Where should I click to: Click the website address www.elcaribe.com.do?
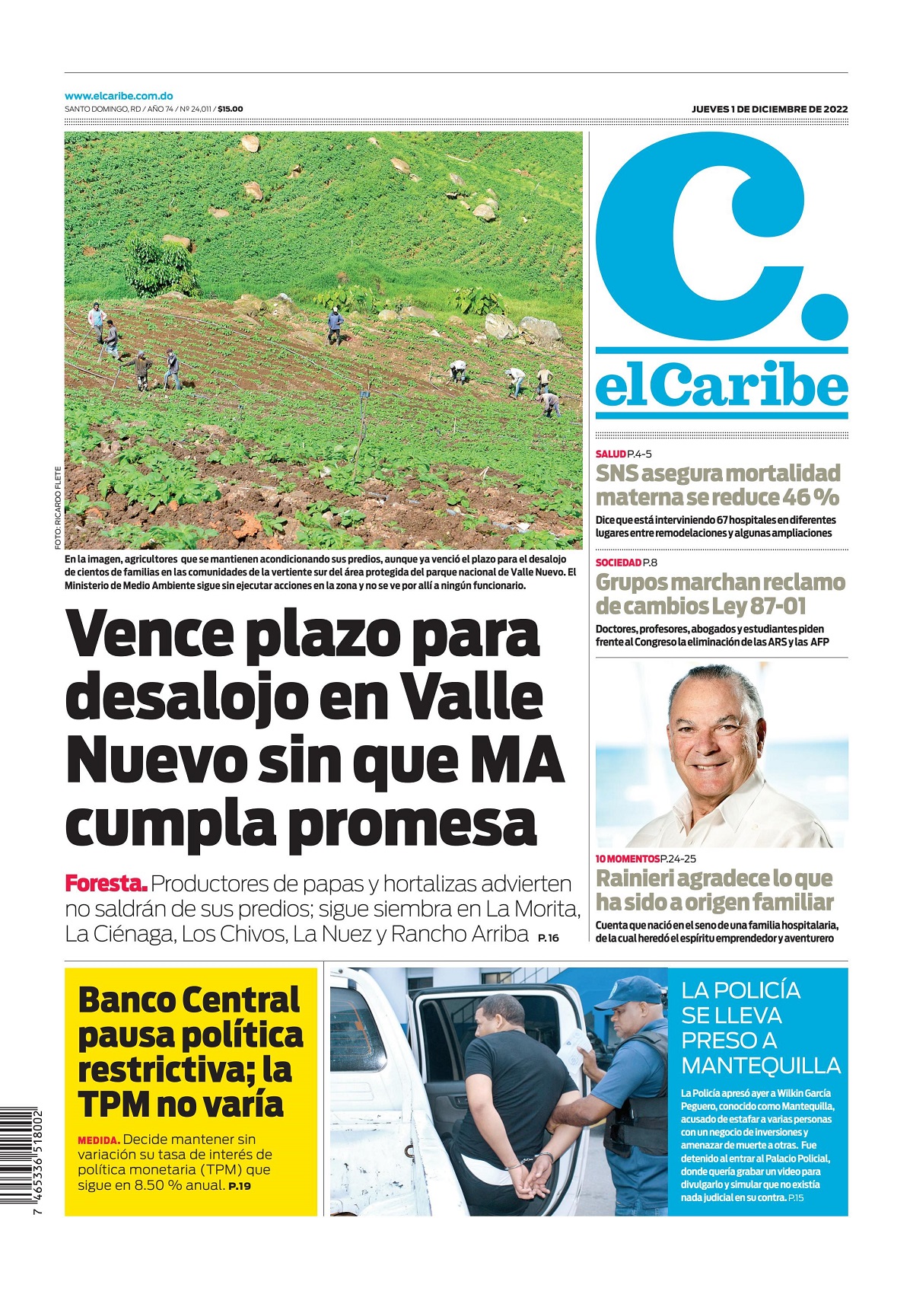click(119, 97)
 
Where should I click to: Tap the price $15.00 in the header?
click(231, 110)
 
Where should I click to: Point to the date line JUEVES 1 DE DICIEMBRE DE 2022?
click(769, 110)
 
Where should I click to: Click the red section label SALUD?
click(610, 454)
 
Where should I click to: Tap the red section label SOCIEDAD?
click(618, 563)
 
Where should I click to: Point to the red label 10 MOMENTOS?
click(627, 859)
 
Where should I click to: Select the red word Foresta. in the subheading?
click(106, 885)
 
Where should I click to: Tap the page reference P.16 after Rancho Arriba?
click(548, 938)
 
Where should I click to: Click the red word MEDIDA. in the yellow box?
click(98, 1140)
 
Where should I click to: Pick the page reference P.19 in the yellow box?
click(240, 1186)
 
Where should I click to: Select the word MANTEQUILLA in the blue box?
click(760, 1066)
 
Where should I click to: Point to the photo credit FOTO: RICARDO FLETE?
click(57, 508)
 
